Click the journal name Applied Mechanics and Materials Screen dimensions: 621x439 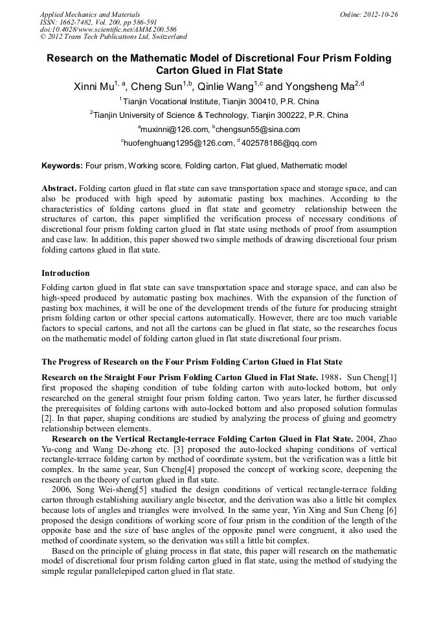coord(90,14)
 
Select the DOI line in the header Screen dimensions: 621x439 coord(108,29)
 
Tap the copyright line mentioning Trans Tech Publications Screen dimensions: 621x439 coord(113,37)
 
